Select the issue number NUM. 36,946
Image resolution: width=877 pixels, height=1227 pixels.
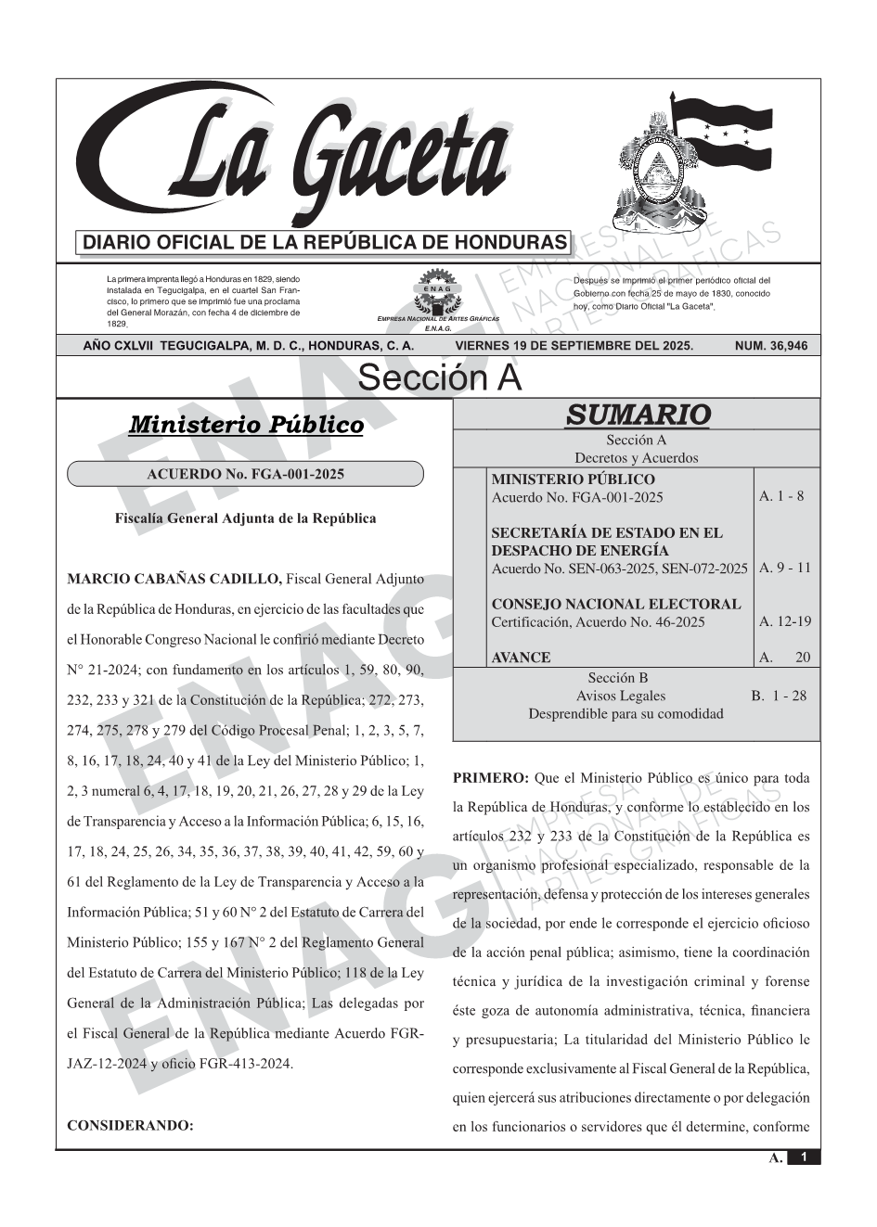[x=770, y=346]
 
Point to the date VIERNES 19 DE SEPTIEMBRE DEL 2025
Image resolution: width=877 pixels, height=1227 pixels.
[x=574, y=346]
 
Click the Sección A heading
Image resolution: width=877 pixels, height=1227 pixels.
[x=439, y=377]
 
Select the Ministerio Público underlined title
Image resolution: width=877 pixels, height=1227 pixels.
[x=246, y=425]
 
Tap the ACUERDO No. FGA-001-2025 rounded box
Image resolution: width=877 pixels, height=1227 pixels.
[x=246, y=474]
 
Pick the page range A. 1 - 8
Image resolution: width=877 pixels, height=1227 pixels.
[x=781, y=495]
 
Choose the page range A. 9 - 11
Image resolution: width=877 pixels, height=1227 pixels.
[x=784, y=567]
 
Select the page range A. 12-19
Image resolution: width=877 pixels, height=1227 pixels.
[x=785, y=620]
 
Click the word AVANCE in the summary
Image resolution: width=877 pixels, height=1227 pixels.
[x=521, y=658]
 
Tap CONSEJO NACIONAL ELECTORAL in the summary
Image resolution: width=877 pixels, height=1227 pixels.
[x=616, y=604]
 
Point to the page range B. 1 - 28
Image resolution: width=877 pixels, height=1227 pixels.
[x=779, y=695]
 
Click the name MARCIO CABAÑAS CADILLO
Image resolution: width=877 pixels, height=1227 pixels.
[x=174, y=580]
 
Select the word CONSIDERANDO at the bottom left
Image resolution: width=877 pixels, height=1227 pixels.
[x=130, y=1126]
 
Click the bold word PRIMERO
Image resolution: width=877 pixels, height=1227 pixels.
[x=490, y=777]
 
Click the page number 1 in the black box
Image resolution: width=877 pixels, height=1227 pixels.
[x=804, y=1157]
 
